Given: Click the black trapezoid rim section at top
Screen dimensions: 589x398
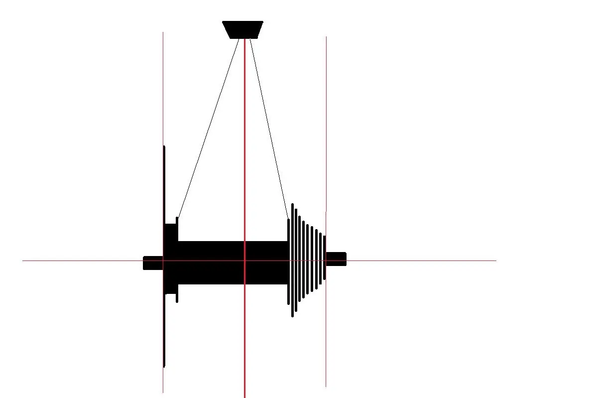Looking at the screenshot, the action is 242,29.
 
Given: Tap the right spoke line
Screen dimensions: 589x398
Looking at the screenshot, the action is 269,130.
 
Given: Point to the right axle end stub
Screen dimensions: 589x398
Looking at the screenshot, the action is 336,259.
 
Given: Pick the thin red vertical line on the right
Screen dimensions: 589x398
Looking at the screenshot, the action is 326,125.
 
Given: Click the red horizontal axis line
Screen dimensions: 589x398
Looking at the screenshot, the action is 423,261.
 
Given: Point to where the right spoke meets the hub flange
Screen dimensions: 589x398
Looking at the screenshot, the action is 288,219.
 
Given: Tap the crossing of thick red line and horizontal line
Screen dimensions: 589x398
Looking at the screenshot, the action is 244,261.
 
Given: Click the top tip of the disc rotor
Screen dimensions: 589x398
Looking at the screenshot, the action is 164,146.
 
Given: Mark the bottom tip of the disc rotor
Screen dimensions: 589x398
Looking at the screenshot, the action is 164,366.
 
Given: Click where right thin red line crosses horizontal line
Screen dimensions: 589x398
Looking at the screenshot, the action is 326,261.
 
